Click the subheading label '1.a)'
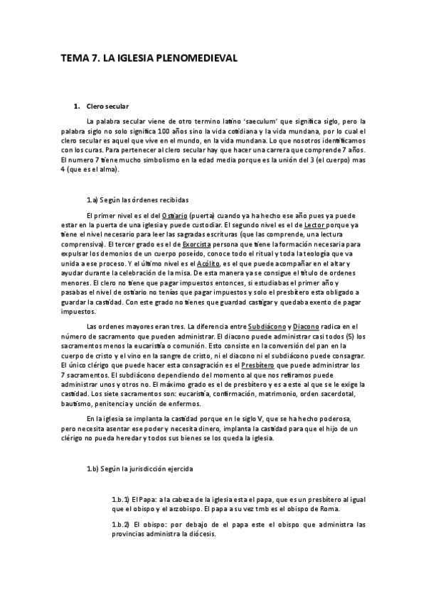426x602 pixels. [x=92, y=199]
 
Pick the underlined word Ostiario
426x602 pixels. [x=174, y=215]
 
